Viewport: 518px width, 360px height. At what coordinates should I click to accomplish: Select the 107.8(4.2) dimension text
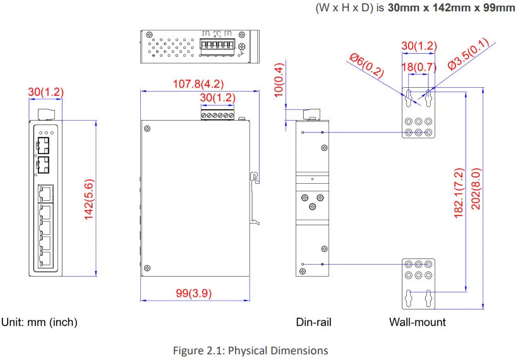click(199, 83)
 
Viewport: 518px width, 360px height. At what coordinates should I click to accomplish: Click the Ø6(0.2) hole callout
click(367, 64)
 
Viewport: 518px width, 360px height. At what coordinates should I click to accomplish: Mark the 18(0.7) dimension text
click(419, 67)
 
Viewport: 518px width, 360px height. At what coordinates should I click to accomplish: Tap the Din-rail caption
click(313, 322)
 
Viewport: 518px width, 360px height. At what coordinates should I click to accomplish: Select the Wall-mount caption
click(417, 322)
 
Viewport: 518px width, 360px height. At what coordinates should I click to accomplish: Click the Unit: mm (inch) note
click(39, 322)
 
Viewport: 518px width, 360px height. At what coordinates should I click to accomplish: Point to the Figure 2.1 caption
click(250, 351)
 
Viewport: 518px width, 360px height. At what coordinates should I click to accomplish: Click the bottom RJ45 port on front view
click(45, 258)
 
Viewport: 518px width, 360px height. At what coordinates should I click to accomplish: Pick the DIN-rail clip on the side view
click(256, 196)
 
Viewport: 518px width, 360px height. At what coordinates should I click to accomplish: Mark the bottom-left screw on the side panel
click(147, 267)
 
